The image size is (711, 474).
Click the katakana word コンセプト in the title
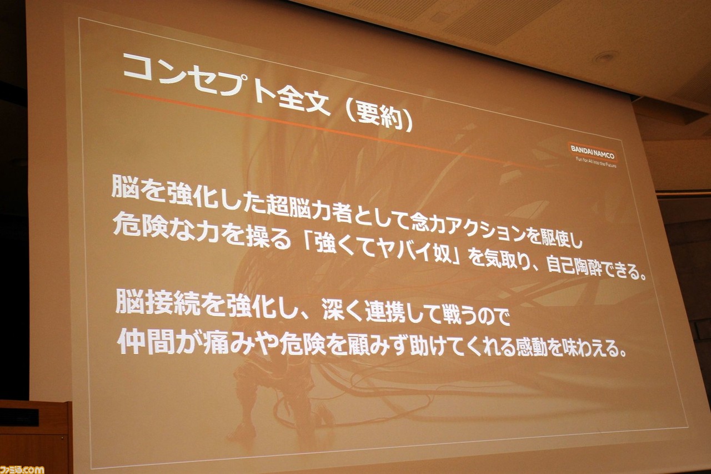point(196,80)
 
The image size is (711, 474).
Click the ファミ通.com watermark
point(22,469)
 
